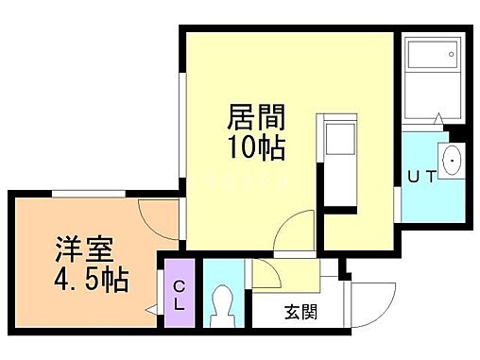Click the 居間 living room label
(x=256, y=119)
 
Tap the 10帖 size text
(x=256, y=147)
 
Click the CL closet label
(x=178, y=296)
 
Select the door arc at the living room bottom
(x=297, y=231)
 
